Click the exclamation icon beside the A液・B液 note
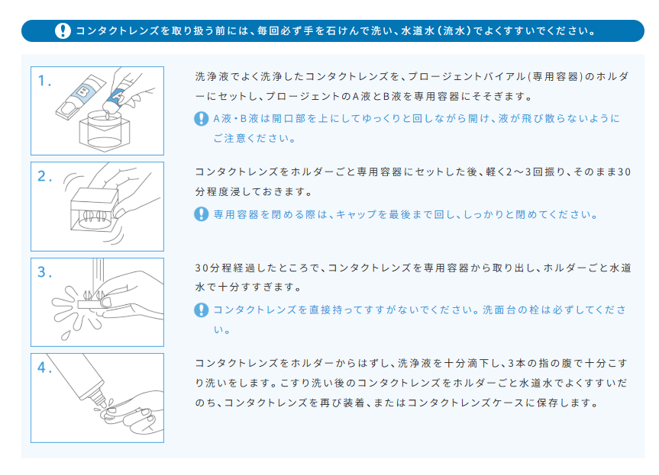pyautogui.click(x=202, y=119)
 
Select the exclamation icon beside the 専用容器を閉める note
pyautogui.click(x=202, y=214)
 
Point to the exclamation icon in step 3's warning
pyautogui.click(x=202, y=310)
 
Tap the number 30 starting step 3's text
pyautogui.click(x=202, y=269)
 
